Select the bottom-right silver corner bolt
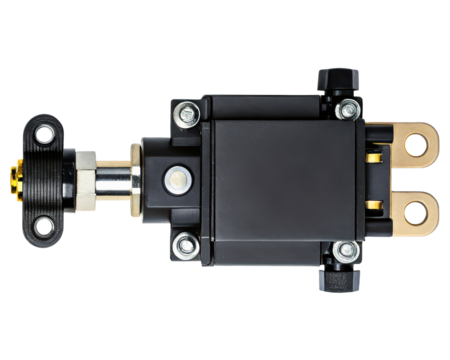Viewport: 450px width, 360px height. (345, 249)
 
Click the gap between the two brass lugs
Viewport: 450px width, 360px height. (405, 178)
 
